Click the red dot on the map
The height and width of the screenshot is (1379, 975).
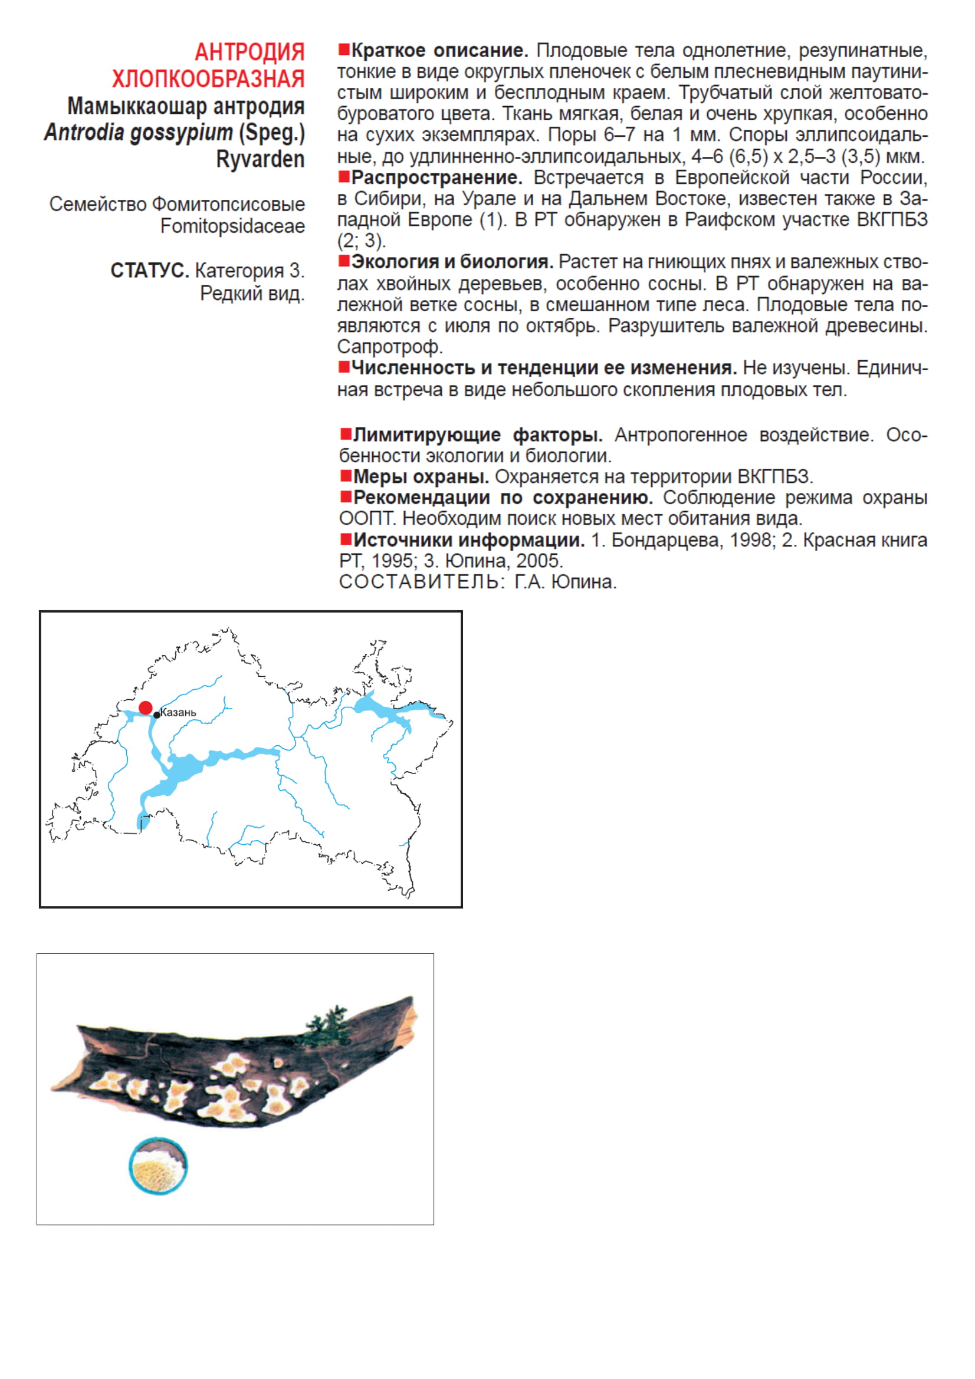pos(145,707)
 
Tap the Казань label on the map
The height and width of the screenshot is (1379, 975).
pos(178,712)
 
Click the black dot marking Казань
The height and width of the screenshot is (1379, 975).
pos(157,715)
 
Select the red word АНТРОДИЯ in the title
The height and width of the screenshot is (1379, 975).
pos(250,52)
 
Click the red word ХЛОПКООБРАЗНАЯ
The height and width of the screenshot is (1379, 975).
pos(208,78)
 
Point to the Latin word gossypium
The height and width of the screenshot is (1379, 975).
pos(181,132)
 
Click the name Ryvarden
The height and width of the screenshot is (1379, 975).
pos(260,159)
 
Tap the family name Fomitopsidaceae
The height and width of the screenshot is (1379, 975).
pos(232,226)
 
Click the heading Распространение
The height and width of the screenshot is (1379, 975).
pos(436,178)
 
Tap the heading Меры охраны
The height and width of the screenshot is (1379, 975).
pos(421,477)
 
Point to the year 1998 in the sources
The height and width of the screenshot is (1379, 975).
pos(750,540)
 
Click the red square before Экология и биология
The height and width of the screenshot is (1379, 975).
pos(344,261)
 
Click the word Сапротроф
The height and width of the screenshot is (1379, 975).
pos(390,347)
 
